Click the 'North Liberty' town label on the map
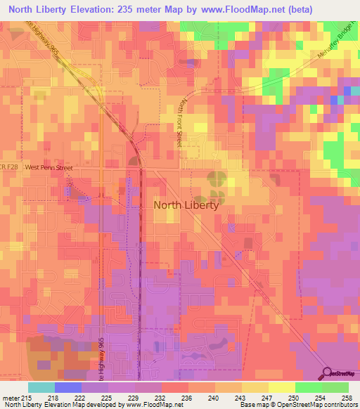(x=186, y=206)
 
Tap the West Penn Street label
(x=49, y=168)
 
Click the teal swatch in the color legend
(x=41, y=387)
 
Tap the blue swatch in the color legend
(x=68, y=387)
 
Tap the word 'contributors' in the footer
(x=338, y=405)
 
